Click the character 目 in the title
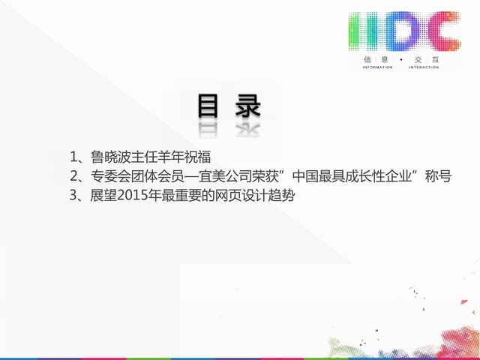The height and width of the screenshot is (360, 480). pos(208,106)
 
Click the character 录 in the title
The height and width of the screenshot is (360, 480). pos(248,106)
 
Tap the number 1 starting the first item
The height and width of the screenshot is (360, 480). pos(73,157)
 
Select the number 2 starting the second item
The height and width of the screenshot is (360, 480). pos(73,176)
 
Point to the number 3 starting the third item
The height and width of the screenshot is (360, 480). pos(73,195)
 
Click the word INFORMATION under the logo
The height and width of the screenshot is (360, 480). pos(377,67)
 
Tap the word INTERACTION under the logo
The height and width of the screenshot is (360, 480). pos(424,67)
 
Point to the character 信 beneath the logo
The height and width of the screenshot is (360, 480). pos(367,59)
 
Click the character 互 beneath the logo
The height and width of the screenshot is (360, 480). pos(435,59)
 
